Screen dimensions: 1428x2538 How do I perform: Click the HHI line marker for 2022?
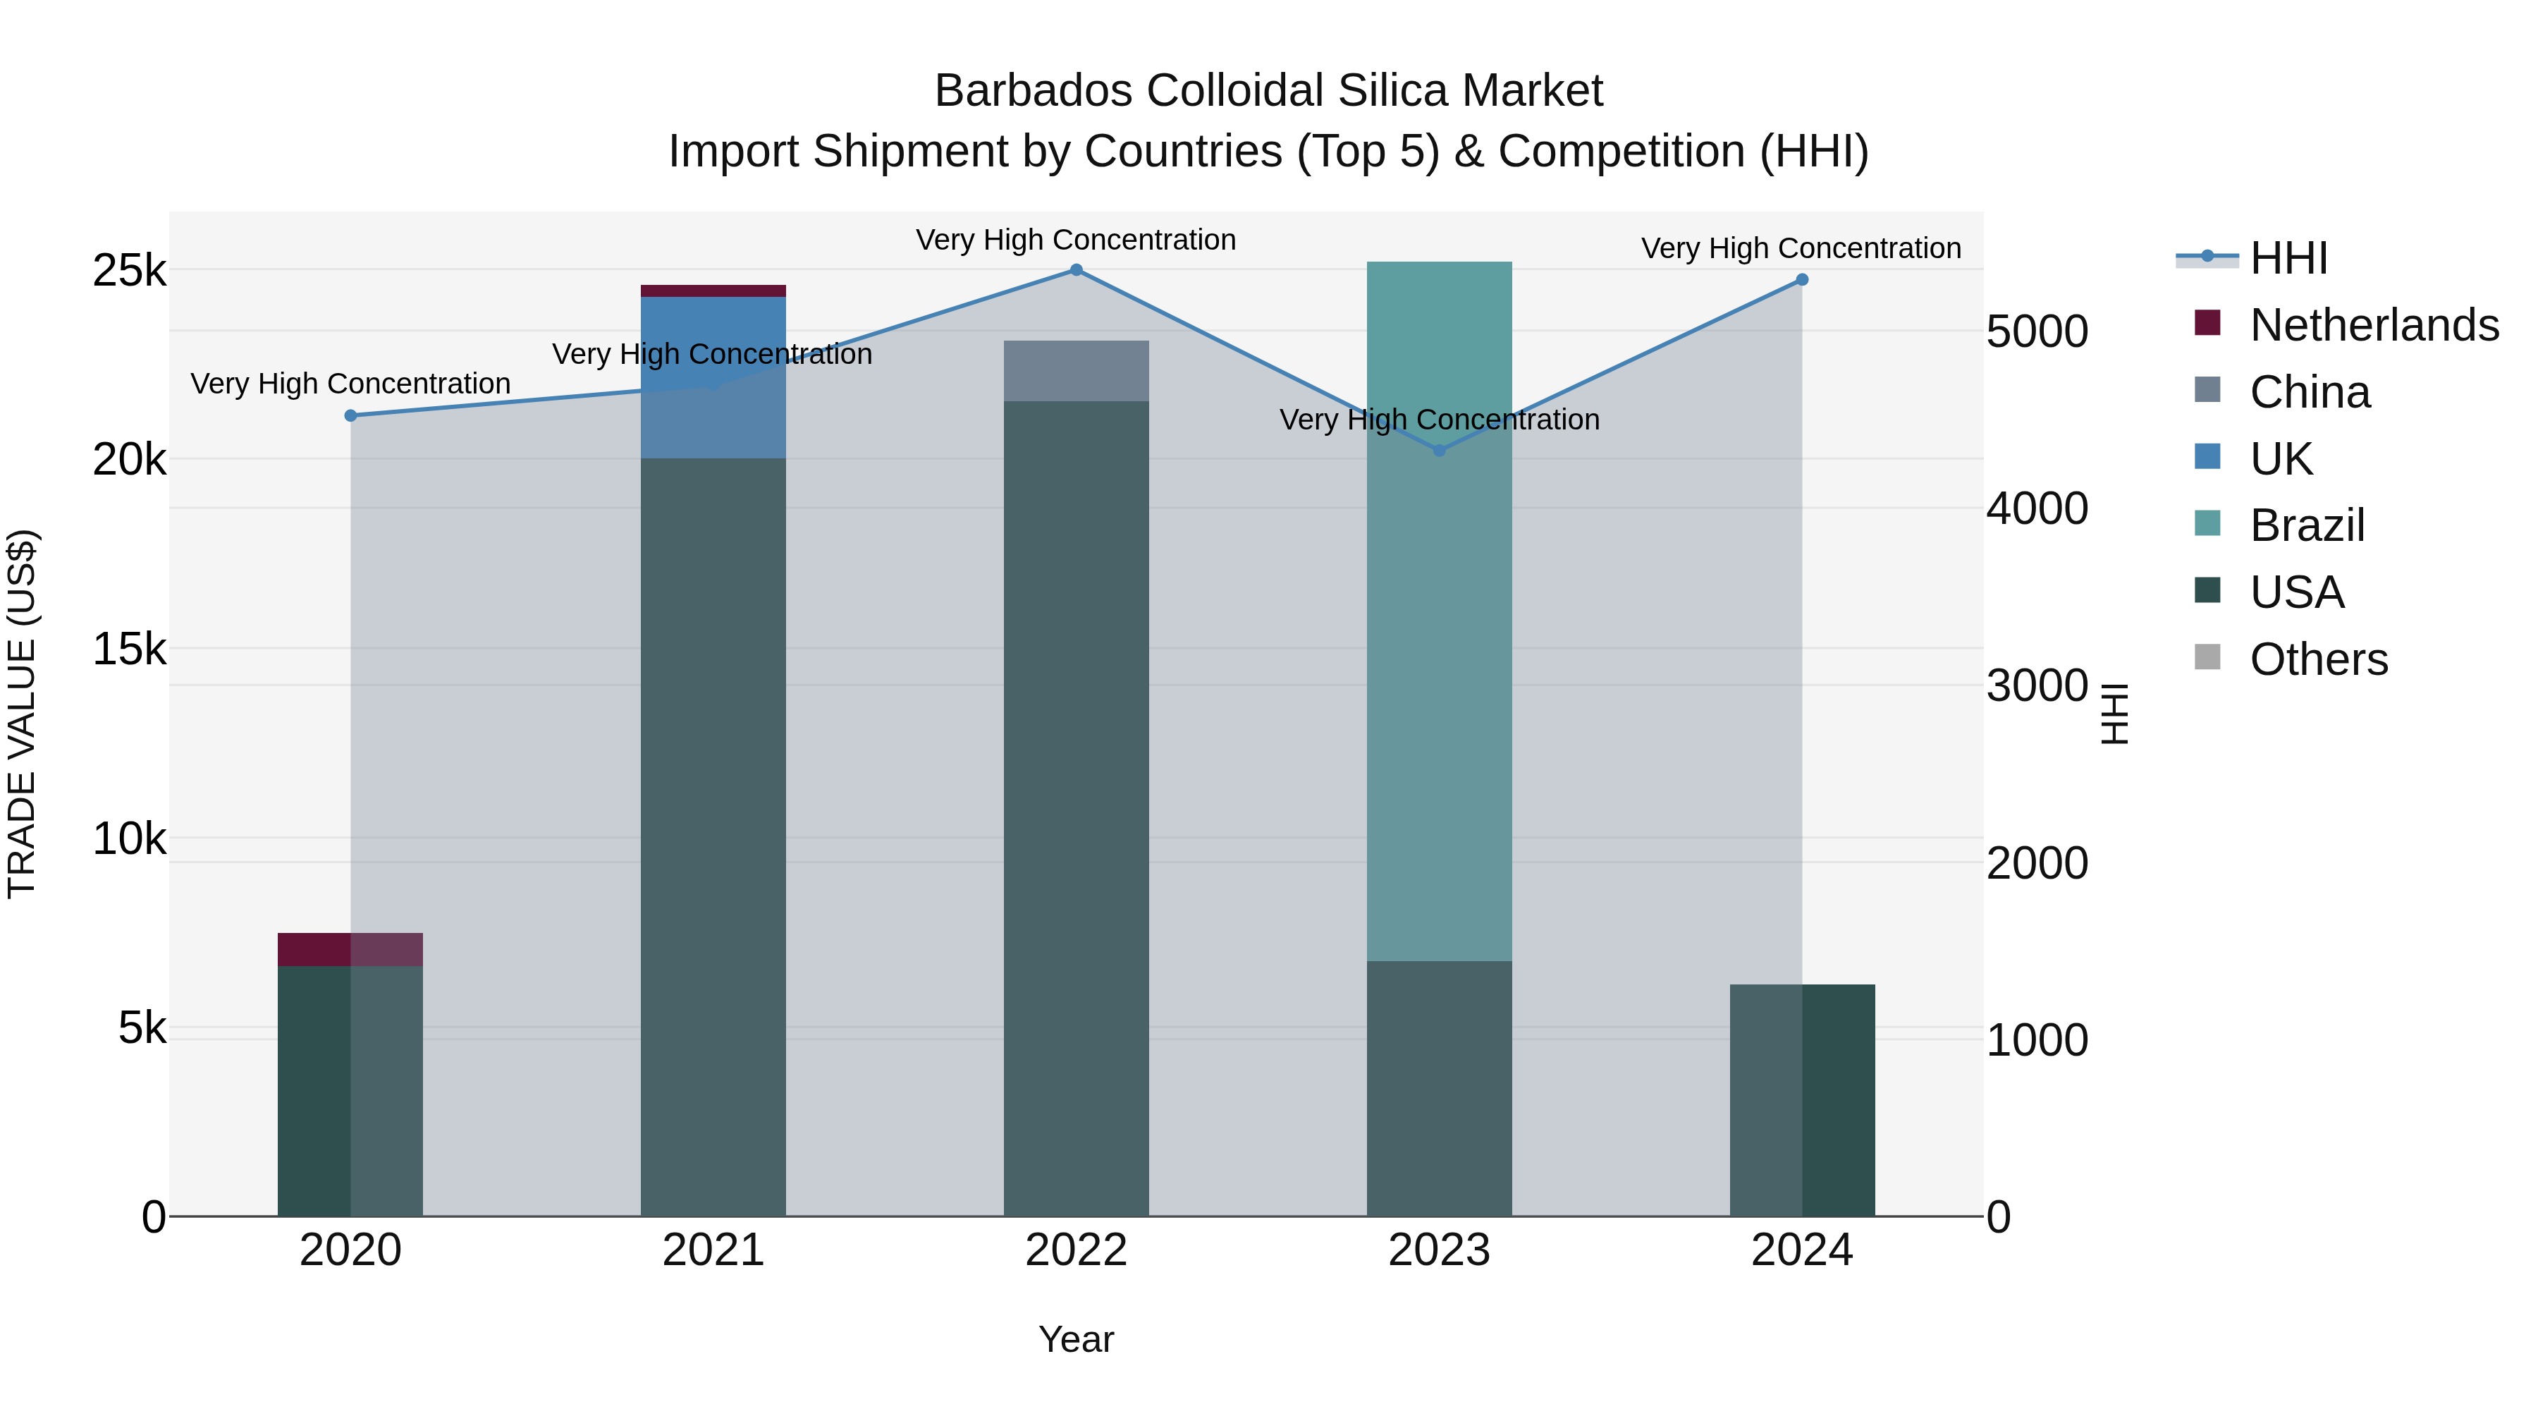[x=1076, y=270]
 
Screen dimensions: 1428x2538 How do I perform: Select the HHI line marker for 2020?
[x=351, y=416]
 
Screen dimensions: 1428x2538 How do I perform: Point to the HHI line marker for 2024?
[x=1802, y=280]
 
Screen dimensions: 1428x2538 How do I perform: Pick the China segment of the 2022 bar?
[x=1076, y=370]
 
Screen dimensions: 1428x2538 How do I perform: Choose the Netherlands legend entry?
[x=2374, y=325]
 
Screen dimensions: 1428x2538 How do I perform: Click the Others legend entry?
[x=2318, y=659]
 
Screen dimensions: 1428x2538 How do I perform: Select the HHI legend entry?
[x=2288, y=258]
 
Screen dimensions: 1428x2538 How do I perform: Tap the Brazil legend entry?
[x=2307, y=525]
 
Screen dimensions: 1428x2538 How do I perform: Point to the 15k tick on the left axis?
[x=129, y=649]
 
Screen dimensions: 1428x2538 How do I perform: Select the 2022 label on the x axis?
[x=1076, y=1250]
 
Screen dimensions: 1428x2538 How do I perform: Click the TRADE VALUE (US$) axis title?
[x=22, y=714]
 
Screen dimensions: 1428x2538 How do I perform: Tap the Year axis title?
[x=1076, y=1339]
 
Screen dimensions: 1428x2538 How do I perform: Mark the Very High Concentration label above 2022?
[x=1076, y=240]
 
